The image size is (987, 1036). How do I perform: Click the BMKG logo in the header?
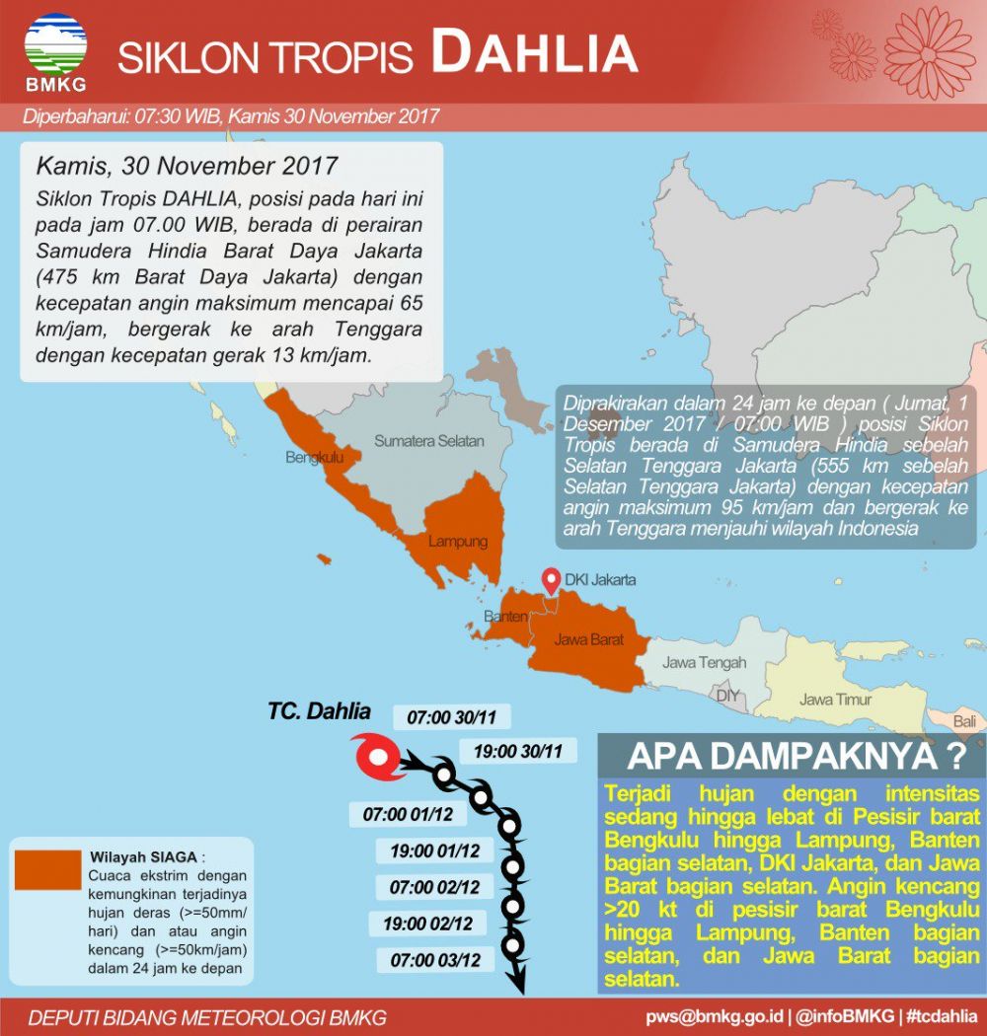pos(55,49)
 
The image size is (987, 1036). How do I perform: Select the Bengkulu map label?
pos(314,458)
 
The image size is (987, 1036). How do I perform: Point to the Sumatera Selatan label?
pos(428,441)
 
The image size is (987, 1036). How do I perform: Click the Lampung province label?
pos(458,542)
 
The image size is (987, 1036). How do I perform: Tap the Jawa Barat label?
pos(588,639)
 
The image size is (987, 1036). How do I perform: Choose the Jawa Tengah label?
pos(704,662)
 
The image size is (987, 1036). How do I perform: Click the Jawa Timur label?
pos(836,700)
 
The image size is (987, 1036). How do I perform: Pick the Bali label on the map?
pos(964,722)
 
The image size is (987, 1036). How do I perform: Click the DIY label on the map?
pos(727,696)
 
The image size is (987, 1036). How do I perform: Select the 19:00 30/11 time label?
pos(518,751)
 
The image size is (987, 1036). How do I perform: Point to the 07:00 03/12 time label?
pos(435,959)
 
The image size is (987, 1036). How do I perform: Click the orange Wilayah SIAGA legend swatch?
pos(47,869)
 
